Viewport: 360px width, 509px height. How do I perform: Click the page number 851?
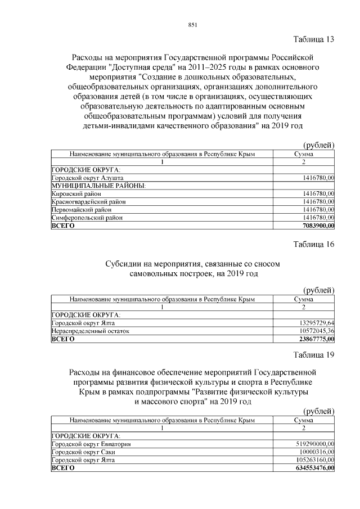[192, 24]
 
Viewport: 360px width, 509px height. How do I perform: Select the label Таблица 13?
[314, 39]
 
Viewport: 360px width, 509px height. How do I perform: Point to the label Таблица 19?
[314, 354]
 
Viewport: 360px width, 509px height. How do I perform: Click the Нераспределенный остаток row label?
[90, 331]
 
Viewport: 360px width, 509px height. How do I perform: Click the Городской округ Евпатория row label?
[91, 444]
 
